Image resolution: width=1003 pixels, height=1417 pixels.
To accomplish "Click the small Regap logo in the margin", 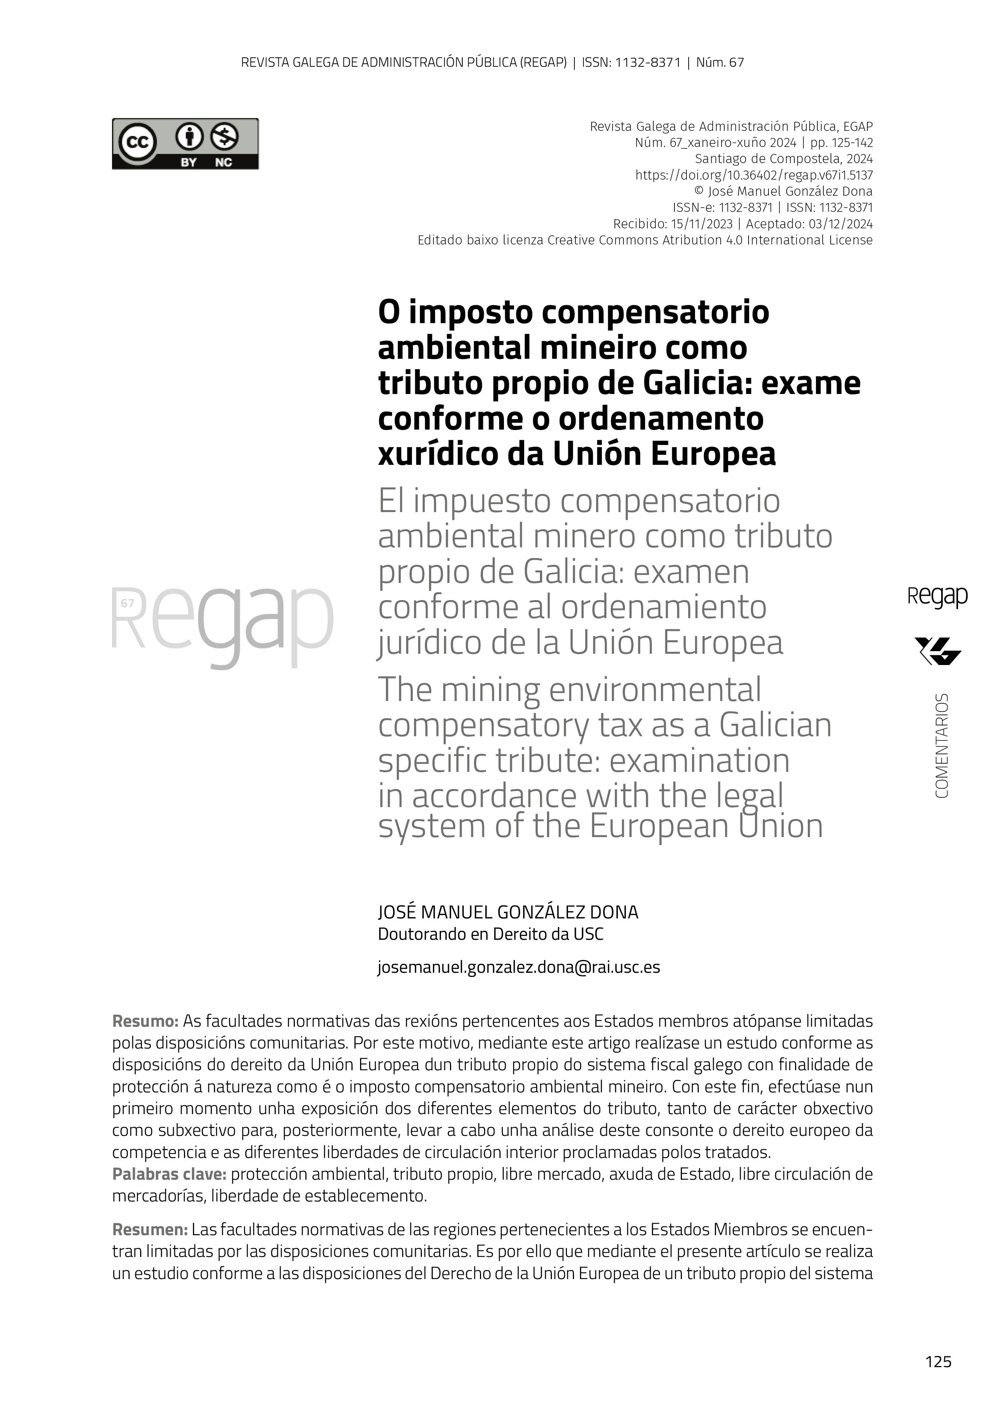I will (937, 597).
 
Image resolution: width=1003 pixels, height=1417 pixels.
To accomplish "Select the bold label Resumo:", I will (145, 1021).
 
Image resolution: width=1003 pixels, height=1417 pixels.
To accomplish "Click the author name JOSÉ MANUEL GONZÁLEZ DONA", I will (508, 912).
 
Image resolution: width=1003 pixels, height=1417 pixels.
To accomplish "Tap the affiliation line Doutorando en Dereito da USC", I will (490, 934).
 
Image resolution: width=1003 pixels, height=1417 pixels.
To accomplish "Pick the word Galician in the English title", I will (775, 725).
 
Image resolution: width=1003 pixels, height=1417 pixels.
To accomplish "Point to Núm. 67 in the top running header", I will (719, 62).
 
